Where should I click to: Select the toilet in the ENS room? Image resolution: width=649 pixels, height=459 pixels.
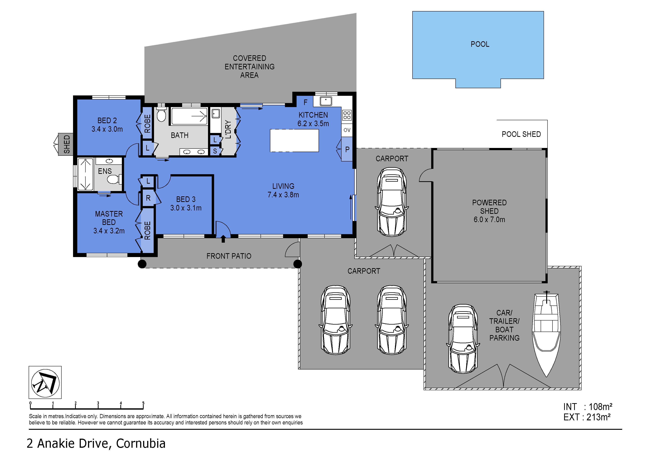click(114, 179)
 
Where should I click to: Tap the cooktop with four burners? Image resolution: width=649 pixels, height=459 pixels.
click(347, 115)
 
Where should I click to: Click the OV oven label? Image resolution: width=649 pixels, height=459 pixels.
click(347, 130)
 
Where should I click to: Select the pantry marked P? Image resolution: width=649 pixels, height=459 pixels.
click(347, 149)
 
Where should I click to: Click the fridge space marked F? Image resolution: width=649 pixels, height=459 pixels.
click(305, 102)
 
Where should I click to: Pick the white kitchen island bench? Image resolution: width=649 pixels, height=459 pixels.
click(294, 141)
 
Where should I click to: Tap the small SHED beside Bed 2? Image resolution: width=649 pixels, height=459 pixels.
click(66, 144)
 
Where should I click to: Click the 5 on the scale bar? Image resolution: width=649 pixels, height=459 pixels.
click(143, 403)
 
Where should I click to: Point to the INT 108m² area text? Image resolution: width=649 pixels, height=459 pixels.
click(587, 407)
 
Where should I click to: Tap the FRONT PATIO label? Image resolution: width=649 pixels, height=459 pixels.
click(229, 256)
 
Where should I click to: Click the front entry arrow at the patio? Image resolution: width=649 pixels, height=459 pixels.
click(223, 239)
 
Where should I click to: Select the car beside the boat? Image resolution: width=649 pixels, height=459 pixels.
click(463, 339)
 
